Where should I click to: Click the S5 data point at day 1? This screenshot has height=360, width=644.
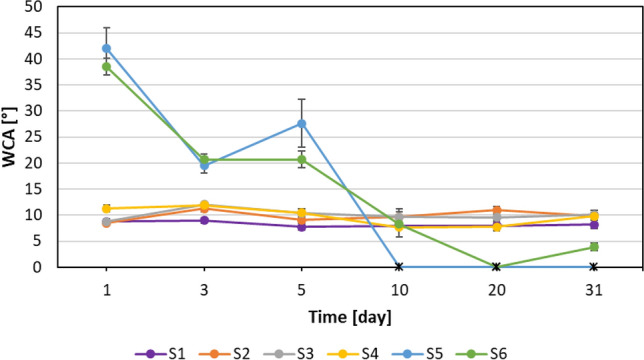click(107, 48)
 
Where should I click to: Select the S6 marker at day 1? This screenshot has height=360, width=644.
click(107, 67)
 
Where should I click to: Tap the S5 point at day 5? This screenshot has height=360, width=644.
click(302, 123)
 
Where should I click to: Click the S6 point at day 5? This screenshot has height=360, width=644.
click(302, 159)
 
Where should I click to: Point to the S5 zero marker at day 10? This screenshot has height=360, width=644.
click(399, 267)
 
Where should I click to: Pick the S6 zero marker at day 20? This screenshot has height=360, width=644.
click(497, 267)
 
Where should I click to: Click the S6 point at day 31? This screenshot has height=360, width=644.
click(594, 246)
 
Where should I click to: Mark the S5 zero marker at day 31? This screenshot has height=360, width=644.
click(594, 267)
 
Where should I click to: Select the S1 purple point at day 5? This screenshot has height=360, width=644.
click(302, 226)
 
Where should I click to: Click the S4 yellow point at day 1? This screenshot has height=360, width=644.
click(107, 208)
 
